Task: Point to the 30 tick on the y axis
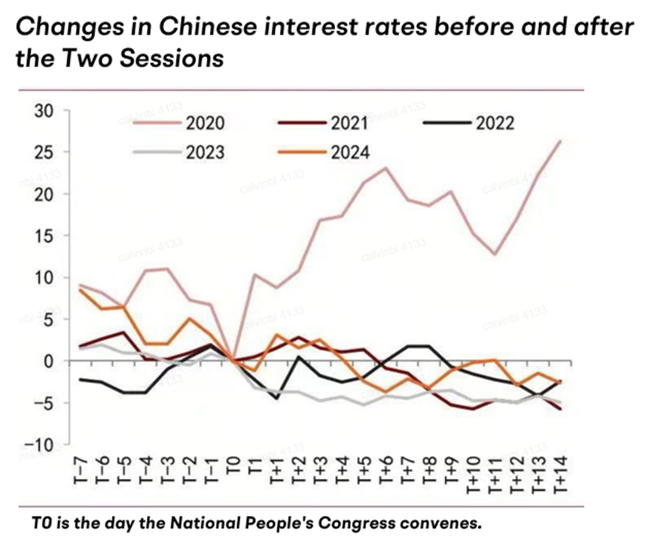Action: point(47,111)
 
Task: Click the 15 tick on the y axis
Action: point(47,236)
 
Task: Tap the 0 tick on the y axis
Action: point(51,362)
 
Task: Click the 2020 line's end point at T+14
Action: point(559,141)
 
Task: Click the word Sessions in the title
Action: point(171,58)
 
